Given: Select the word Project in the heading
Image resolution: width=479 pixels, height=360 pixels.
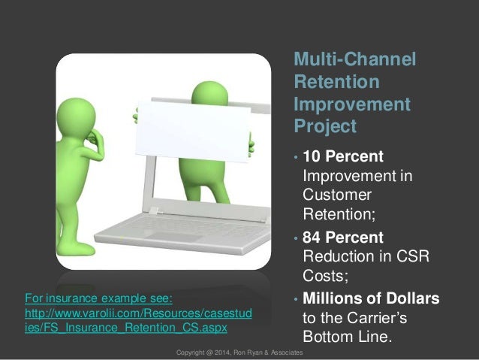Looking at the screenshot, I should coord(324,126).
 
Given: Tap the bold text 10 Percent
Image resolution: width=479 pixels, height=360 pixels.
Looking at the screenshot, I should coord(342,157).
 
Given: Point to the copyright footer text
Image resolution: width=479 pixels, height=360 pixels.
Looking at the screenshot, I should coord(239,352).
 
